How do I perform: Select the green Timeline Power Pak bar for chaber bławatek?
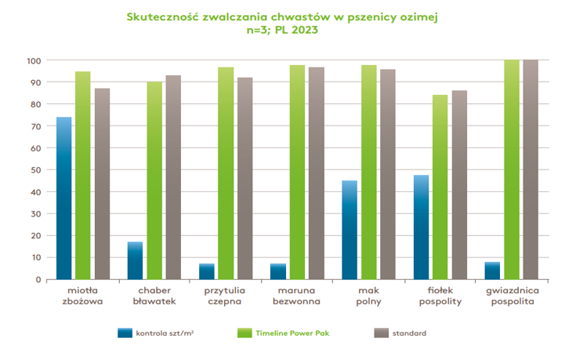(x=154, y=180)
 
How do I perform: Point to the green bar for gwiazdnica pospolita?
(x=512, y=169)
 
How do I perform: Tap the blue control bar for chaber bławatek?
(x=136, y=260)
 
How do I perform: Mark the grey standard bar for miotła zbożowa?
(x=102, y=184)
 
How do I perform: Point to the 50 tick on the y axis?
(x=35, y=169)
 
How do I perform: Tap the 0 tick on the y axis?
(x=38, y=279)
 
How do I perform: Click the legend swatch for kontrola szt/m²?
(x=125, y=333)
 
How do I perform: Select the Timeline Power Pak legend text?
(x=292, y=333)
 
